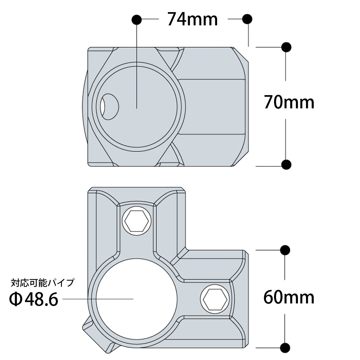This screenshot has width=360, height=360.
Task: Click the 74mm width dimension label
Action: click(192, 19)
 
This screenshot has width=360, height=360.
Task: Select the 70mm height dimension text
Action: click(289, 103)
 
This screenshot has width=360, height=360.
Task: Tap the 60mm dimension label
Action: click(289, 297)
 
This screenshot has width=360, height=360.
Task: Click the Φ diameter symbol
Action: click(16, 300)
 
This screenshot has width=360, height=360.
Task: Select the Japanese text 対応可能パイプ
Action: click(43, 283)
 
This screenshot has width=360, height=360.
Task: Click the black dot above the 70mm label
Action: click(286, 47)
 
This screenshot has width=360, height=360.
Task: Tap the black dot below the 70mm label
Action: click(286, 165)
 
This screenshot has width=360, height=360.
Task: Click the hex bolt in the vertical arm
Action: click(136, 221)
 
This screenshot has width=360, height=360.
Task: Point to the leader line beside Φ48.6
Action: click(97, 299)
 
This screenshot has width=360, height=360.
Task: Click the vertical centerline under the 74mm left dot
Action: click(137, 66)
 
